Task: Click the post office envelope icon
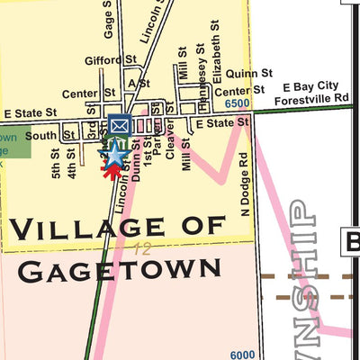pyautogui.click(x=119, y=124)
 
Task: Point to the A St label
pyautogui.click(x=139, y=83)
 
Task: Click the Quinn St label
pyautogui.click(x=249, y=73)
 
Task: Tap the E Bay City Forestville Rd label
pyautogui.click(x=302, y=91)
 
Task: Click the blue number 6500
pyautogui.click(x=238, y=104)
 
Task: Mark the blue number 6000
pyautogui.click(x=242, y=355)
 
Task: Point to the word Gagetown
pyautogui.click(x=119, y=268)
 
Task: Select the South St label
pyautogui.click(x=40, y=137)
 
